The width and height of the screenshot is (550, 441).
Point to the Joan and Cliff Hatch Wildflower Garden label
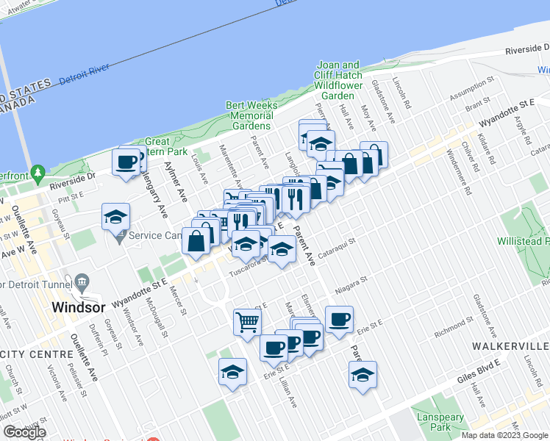337,80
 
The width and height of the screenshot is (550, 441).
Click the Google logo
24,432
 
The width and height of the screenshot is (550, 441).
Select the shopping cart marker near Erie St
247,321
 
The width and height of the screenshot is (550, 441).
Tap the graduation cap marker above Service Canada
116,216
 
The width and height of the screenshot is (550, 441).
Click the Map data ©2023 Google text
504,434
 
